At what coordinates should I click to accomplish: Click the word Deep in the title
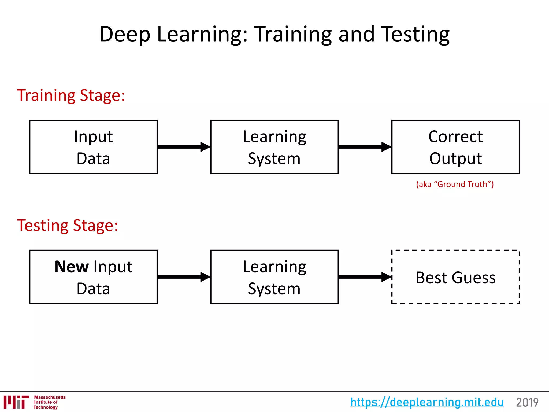[x=125, y=34]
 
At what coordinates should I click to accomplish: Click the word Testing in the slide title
[x=415, y=34]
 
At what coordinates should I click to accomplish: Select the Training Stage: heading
[x=71, y=95]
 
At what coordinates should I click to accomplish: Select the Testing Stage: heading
[x=68, y=226]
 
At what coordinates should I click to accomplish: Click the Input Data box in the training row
[x=93, y=147]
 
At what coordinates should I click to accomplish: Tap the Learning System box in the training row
[x=274, y=147]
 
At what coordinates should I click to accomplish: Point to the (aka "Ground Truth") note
[x=455, y=184]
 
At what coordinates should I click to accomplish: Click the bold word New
[x=72, y=267]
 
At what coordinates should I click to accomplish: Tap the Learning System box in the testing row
[x=274, y=277]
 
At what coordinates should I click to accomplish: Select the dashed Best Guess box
[x=455, y=277]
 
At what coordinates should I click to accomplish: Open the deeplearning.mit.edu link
[x=427, y=402]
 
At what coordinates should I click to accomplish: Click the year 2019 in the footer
[x=527, y=402]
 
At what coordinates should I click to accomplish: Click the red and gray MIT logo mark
[x=16, y=402]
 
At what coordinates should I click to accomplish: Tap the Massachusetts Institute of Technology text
[x=49, y=402]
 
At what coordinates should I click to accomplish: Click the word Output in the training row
[x=455, y=159]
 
